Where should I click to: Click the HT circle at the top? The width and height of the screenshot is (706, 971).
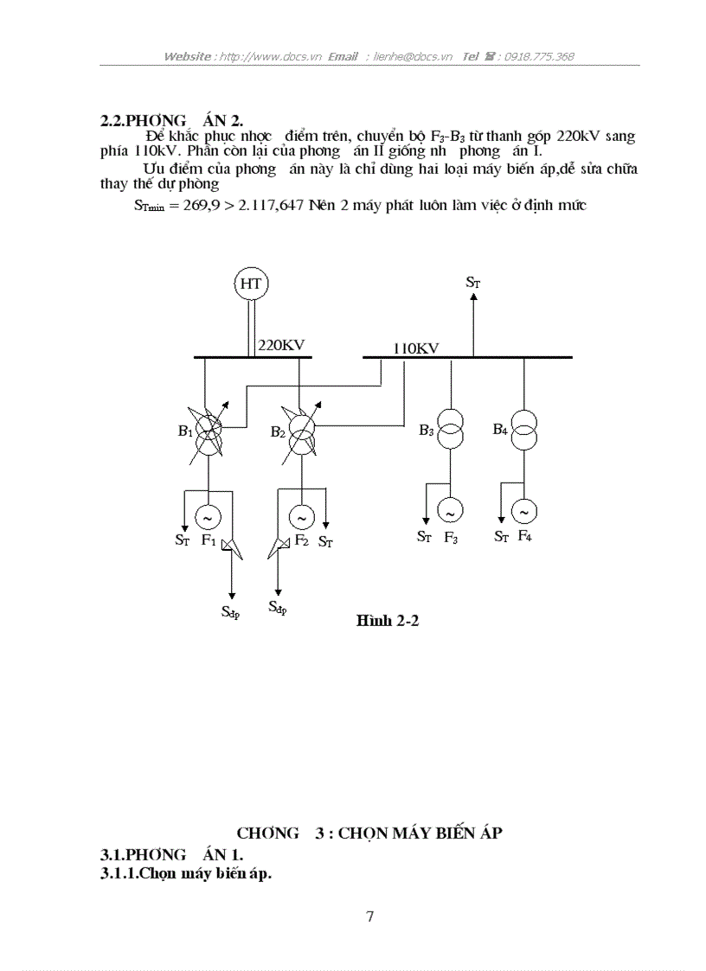click(x=251, y=284)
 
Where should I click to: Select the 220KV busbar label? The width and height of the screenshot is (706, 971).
click(x=281, y=345)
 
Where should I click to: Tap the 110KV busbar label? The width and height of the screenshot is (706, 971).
click(x=415, y=348)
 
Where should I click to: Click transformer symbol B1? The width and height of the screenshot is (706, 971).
click(x=208, y=432)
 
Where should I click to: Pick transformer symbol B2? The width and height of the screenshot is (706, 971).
click(x=300, y=432)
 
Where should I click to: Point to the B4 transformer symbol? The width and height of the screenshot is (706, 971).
click(x=523, y=428)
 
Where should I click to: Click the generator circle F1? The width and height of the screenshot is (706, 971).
click(x=208, y=517)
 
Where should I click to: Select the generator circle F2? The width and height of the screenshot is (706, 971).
click(x=300, y=518)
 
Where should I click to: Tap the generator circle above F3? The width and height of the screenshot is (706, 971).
click(x=450, y=512)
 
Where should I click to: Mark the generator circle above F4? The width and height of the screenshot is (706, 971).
click(x=523, y=512)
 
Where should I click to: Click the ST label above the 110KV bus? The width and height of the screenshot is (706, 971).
click(x=472, y=282)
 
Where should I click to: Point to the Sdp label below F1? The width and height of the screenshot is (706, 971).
click(x=230, y=614)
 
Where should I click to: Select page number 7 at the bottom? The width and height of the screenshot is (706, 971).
click(x=369, y=917)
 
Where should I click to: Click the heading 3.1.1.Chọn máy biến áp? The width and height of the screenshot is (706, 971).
click(x=186, y=874)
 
